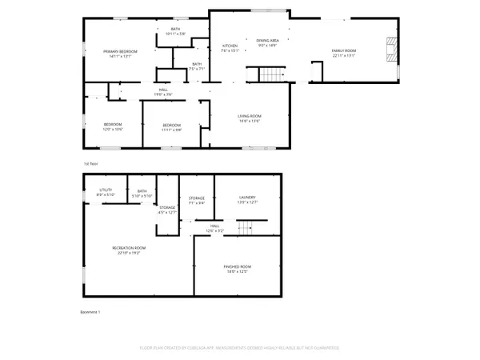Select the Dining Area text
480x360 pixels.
(267, 42)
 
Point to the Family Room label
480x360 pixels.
(344, 54)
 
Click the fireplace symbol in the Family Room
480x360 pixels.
(390, 50)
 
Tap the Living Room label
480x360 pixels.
(250, 118)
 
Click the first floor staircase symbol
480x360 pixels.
(270, 75)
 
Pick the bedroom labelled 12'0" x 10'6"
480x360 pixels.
(112, 126)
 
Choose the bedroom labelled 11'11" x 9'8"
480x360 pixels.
(172, 126)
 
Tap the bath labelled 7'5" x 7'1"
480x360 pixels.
(197, 66)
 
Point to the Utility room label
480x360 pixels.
(106, 192)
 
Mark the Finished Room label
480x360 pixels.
(238, 269)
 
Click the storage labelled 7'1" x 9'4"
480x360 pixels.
(197, 200)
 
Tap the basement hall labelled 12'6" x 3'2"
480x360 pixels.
(214, 228)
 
